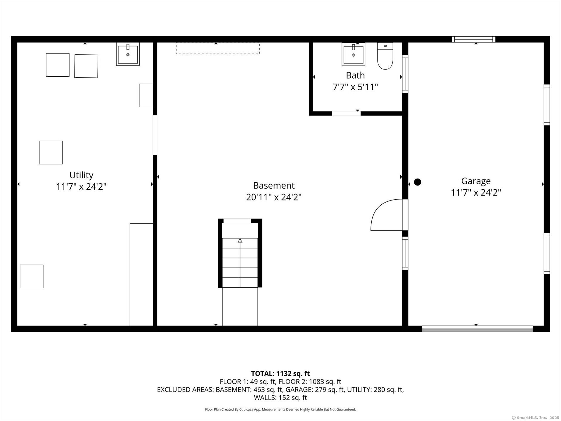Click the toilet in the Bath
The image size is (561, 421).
tap(385, 56)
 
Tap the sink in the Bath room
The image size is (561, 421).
tap(353, 54)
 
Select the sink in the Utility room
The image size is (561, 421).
tap(128, 54)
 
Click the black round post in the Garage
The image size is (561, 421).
tap(418, 182)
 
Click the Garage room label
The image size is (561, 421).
tap(476, 181)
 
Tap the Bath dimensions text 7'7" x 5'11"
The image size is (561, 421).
tap(355, 87)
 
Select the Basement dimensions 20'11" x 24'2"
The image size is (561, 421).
tap(274, 197)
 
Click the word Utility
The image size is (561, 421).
tap(81, 175)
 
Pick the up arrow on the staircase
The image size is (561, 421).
tap(240, 241)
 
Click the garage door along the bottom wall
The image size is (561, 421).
tap(477, 329)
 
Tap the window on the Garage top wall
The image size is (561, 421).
tap(474, 39)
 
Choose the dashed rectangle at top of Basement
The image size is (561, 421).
tap(218, 48)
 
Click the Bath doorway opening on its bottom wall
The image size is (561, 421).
tap(346, 113)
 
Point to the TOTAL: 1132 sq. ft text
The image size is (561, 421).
tap(280, 374)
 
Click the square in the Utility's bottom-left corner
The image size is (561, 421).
tap(32, 277)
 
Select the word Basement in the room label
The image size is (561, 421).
tap(274, 186)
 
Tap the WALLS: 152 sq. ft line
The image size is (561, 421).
tap(280, 398)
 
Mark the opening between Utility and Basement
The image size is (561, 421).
tap(155, 135)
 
